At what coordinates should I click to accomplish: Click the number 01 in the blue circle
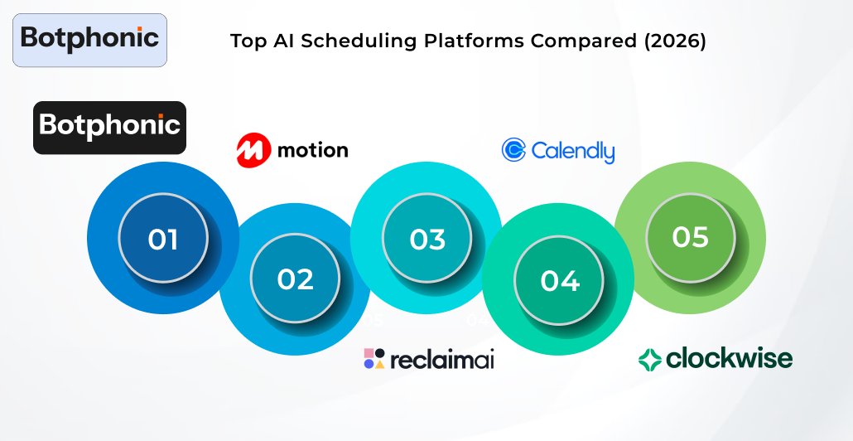(163, 239)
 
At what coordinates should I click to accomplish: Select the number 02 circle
(295, 279)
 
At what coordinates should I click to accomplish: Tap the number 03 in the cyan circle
(427, 239)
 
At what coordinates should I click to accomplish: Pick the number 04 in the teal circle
(559, 281)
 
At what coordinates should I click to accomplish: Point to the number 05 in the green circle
(690, 237)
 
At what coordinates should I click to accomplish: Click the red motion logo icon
(253, 150)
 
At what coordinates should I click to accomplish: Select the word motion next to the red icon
(312, 150)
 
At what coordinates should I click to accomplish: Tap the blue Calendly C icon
(513, 150)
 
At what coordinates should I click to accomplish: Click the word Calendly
(573, 152)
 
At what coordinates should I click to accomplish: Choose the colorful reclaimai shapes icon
(374, 358)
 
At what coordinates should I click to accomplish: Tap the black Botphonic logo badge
(109, 127)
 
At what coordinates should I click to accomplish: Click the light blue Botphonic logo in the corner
(89, 39)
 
